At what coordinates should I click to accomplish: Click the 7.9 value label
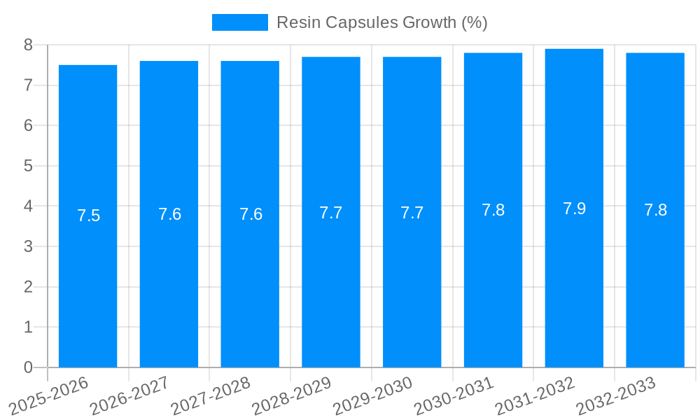(x=574, y=209)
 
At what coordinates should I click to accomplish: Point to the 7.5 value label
(x=88, y=216)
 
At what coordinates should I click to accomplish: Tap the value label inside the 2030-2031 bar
(x=493, y=210)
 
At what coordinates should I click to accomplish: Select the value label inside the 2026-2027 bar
(x=169, y=214)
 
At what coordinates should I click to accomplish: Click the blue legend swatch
(x=239, y=22)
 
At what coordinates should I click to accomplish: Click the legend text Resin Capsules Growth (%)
(x=381, y=22)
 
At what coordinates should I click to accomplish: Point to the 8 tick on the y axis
(x=28, y=45)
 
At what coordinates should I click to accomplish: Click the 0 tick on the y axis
(x=28, y=367)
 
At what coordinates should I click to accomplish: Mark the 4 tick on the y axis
(x=28, y=206)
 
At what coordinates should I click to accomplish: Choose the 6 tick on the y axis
(x=28, y=125)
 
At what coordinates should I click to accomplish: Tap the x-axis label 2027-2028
(x=211, y=395)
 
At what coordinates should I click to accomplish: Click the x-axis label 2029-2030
(x=372, y=395)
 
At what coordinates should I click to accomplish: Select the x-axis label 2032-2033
(x=615, y=395)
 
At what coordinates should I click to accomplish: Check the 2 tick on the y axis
(x=28, y=287)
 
